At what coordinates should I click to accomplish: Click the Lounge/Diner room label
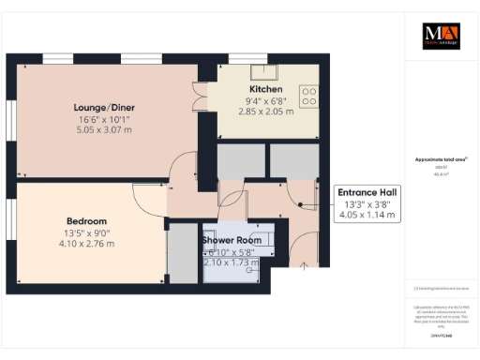(x=102, y=107)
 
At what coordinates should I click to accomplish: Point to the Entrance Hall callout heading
(x=367, y=192)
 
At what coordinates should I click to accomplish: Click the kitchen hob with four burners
(x=308, y=97)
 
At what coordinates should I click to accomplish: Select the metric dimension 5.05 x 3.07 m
(x=102, y=131)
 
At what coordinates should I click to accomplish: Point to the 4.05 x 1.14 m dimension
(x=367, y=216)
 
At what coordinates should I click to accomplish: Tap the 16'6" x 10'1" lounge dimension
(x=102, y=119)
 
